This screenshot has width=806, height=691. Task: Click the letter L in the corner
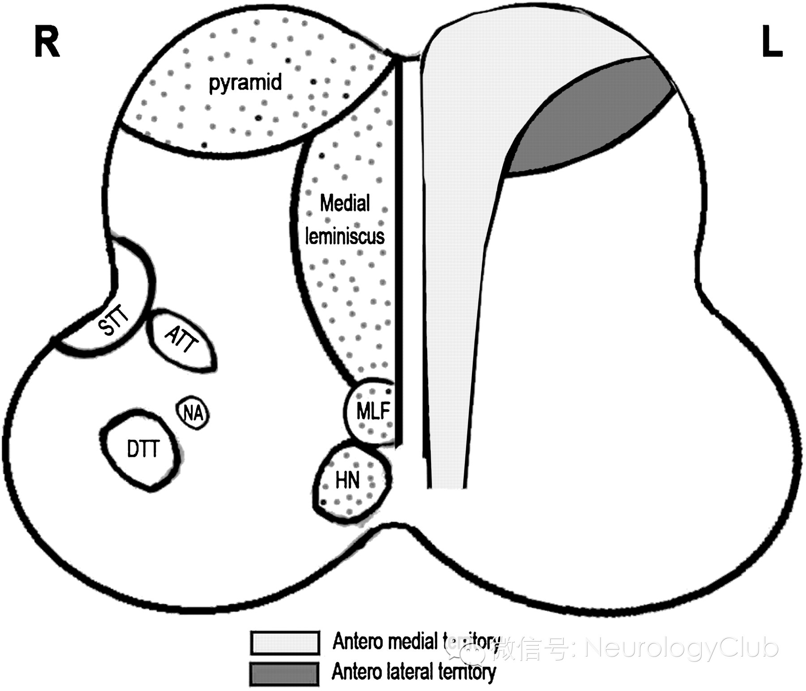tap(772, 43)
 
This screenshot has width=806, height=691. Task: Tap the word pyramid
tap(245, 83)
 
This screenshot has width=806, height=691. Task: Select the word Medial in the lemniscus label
tap(345, 204)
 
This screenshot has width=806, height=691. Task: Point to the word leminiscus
tap(345, 236)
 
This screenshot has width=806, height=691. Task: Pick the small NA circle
tap(194, 413)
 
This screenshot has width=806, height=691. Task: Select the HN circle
tap(348, 481)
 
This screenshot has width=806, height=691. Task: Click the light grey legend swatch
tap(285, 642)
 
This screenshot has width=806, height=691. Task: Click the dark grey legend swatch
tap(285, 673)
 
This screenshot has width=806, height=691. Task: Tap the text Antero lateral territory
tap(413, 672)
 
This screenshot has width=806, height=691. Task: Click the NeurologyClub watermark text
tap(681, 648)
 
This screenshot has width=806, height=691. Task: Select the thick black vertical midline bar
tap(399, 251)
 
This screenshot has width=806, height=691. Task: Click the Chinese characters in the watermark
tap(533, 649)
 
